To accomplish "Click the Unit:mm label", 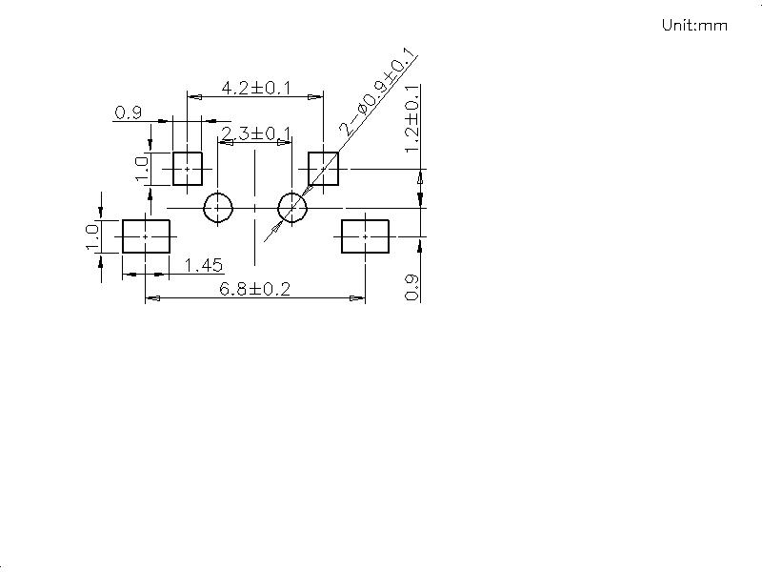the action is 694,25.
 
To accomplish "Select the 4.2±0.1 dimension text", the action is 255,88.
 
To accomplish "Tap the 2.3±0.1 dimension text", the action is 255,133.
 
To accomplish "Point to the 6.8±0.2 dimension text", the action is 254,289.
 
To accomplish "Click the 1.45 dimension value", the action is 204,266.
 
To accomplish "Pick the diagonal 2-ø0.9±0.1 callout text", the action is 377,92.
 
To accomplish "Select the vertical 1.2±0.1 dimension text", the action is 412,118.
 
